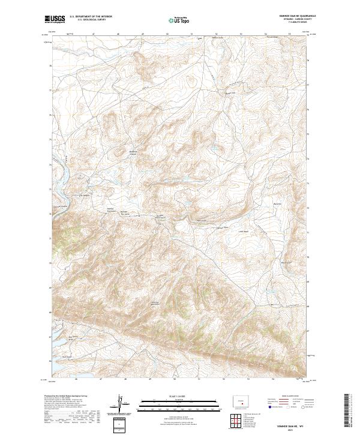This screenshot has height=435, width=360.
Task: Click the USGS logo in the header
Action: point(55,19)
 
